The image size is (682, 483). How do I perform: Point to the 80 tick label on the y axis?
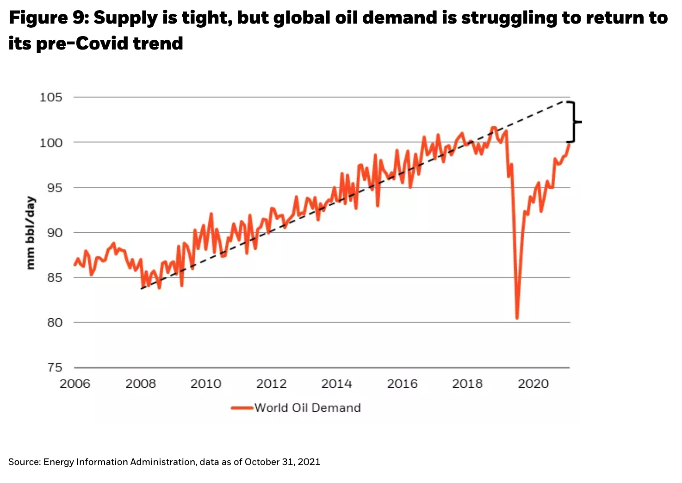[x=55, y=322]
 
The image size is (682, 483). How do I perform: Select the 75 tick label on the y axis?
[x=55, y=367]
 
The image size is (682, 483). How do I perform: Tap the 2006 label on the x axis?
[x=75, y=384]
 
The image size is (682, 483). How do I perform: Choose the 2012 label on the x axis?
[x=272, y=384]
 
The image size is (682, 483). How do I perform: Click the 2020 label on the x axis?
[x=533, y=384]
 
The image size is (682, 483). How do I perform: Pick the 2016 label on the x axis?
[x=402, y=384]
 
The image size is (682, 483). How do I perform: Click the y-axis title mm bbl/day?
[x=31, y=233]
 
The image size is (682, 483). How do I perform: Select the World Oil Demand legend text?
[x=308, y=408]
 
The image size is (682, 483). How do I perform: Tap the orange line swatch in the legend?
[x=242, y=408]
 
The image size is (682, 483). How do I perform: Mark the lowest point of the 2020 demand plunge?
[x=517, y=318]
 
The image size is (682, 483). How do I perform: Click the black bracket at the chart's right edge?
[x=574, y=122]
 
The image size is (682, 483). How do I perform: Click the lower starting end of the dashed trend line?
[x=142, y=288]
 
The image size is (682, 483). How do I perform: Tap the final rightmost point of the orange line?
[x=569, y=144]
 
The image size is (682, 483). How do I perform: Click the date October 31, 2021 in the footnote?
[x=282, y=462]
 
